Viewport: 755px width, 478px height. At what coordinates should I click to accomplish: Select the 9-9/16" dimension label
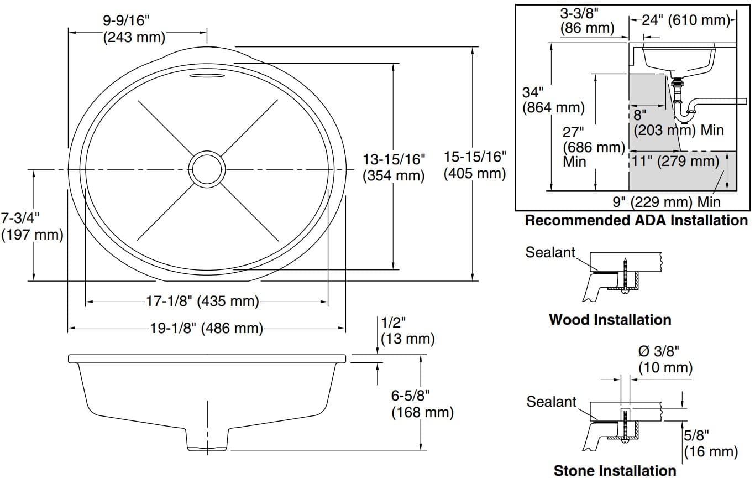point(127,29)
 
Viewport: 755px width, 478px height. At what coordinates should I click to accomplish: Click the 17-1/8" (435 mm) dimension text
point(202,302)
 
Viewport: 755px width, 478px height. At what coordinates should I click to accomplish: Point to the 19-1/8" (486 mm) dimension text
point(206,328)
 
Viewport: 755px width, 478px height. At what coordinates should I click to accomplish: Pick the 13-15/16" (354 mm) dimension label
point(394,167)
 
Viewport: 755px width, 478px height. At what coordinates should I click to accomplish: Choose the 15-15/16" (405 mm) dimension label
point(475,165)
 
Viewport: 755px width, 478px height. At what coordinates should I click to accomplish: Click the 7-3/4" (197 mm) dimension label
point(33,226)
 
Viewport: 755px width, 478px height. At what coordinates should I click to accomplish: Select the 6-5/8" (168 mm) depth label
point(422,404)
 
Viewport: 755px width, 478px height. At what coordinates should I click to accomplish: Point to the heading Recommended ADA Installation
point(636,220)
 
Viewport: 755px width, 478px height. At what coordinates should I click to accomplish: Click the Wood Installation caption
point(610,320)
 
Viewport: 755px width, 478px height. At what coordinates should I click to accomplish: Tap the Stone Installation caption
point(615,471)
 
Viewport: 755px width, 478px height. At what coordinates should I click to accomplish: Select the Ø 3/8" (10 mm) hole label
point(665,359)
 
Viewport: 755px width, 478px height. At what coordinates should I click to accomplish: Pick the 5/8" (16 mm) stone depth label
point(710,443)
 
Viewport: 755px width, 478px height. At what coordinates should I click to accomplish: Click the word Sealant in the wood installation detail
point(550,253)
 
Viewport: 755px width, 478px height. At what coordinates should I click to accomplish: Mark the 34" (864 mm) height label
point(553,100)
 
